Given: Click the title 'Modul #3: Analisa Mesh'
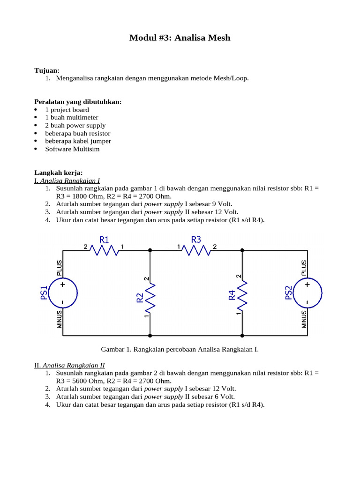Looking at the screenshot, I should (x=180, y=38).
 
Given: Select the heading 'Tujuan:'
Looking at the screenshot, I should (x=47, y=70).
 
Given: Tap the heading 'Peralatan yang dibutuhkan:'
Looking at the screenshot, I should (x=78, y=102).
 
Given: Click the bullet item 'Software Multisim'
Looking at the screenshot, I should (x=72, y=149).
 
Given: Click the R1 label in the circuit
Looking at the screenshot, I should (x=104, y=240).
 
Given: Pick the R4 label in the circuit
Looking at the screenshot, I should (x=232, y=295).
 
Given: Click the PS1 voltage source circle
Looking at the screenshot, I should (x=63, y=293).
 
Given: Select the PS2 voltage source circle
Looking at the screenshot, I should (x=307, y=293).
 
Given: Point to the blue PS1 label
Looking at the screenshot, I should (x=45, y=293).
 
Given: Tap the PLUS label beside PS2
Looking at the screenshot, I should (x=304, y=269).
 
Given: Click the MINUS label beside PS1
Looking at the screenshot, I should (x=60, y=319).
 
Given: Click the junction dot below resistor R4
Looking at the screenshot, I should (x=242, y=336).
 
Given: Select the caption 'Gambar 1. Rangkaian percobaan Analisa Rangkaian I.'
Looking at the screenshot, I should (x=180, y=349).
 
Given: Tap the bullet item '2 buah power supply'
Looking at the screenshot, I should (x=75, y=126).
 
